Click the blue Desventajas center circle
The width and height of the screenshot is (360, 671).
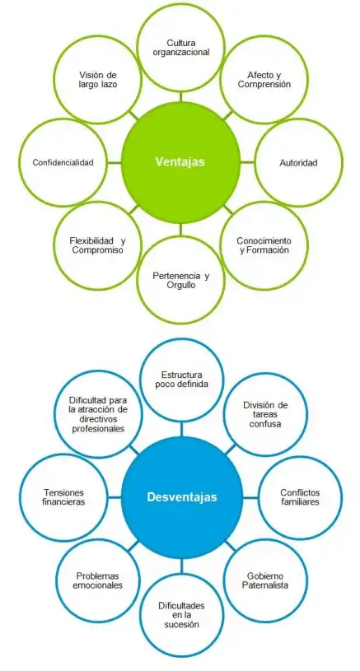point(182,497)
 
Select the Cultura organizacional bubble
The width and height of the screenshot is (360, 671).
point(181,48)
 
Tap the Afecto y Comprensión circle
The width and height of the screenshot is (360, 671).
point(264,80)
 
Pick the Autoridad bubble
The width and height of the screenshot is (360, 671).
point(298,163)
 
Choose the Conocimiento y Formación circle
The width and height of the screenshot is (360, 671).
point(264,245)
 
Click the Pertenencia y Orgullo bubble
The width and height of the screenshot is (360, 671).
point(180,280)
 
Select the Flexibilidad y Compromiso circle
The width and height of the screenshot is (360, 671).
point(97,245)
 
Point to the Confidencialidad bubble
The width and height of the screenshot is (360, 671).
point(63,163)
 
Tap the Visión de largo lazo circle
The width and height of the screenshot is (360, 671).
point(97,80)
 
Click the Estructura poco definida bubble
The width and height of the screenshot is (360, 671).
point(182,380)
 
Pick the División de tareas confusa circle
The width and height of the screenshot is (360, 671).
point(265,414)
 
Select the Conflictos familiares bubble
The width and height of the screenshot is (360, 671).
point(300,497)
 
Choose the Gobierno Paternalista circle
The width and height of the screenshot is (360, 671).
point(265,580)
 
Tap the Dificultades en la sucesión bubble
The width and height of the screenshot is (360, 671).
point(182,615)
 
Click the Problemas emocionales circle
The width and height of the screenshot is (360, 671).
point(98,580)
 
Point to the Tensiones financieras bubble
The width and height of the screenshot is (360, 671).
point(63,497)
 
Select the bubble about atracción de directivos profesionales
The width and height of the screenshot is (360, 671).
point(98,414)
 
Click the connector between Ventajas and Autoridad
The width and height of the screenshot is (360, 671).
point(247,163)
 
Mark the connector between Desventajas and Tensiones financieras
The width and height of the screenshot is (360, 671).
point(115,497)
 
